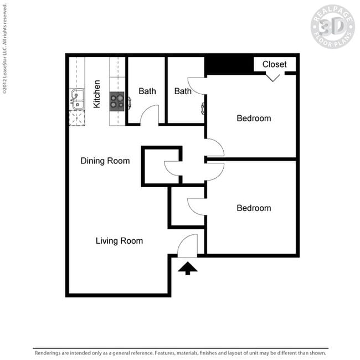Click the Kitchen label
[97, 94]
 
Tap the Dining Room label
[105, 161]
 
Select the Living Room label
[119, 241]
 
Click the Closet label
[274, 64]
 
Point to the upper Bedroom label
[254, 118]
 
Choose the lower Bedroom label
[254, 208]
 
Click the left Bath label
[147, 91]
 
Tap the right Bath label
[183, 91]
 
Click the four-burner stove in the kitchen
[117, 101]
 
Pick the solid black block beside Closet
[229, 65]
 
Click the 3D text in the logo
[332, 26]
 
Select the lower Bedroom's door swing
[196, 206]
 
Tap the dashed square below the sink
[76, 118]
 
